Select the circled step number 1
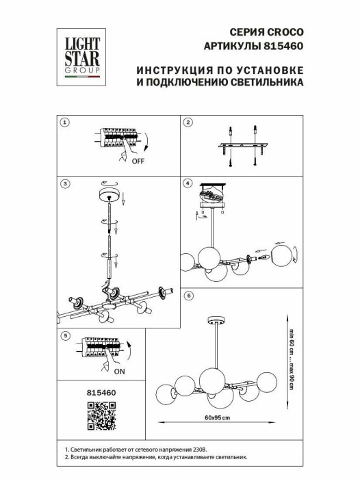coord(65,122)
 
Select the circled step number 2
coord(188,122)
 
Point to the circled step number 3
coord(65,183)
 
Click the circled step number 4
coord(188,183)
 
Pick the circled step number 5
coord(65,336)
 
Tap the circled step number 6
coord(188,296)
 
